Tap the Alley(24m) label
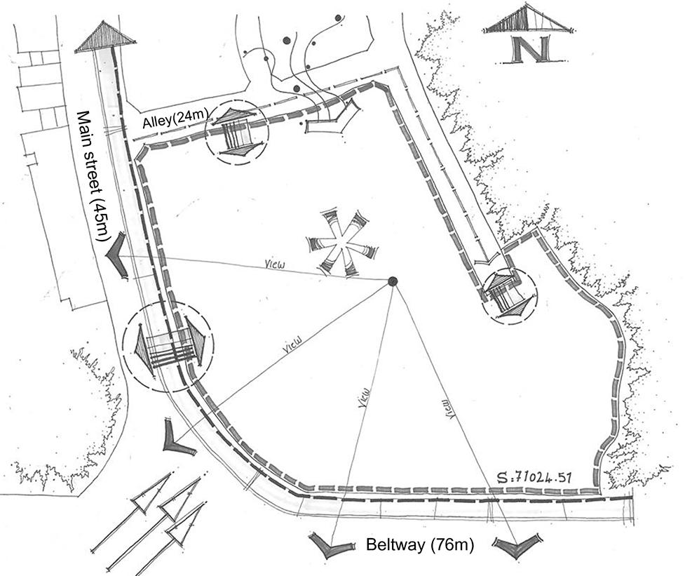(x=170, y=121)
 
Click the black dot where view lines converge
(x=393, y=281)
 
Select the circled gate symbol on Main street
(x=168, y=346)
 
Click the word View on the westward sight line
(x=274, y=266)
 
